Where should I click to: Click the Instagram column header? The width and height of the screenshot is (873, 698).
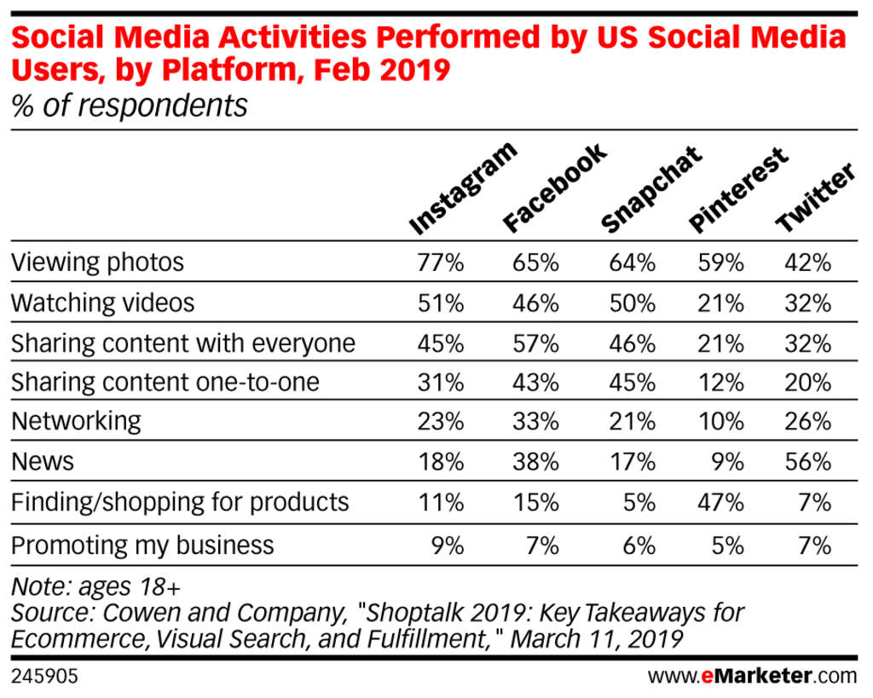point(462,189)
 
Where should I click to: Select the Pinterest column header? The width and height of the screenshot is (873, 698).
point(738,190)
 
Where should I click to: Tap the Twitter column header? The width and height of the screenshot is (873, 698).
point(815,198)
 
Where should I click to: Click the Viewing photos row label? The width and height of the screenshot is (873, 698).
point(97,262)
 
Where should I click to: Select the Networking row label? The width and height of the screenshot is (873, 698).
point(76,421)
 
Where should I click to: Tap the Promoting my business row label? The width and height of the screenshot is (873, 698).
point(142,545)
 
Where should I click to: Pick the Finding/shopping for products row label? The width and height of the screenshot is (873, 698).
point(180,502)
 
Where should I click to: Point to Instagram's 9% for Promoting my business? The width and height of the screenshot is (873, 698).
point(448,545)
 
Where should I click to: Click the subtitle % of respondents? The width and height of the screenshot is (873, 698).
point(129,107)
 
